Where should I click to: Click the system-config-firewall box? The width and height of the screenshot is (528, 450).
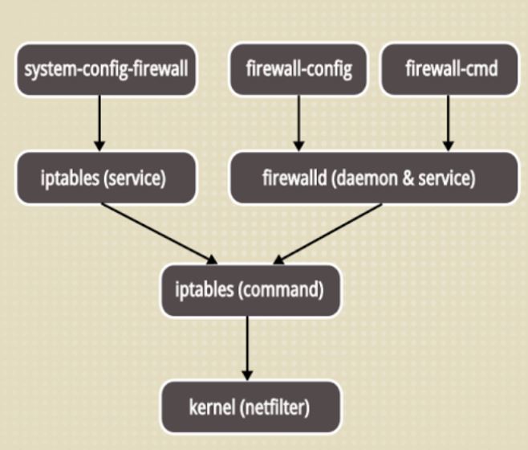point(106,69)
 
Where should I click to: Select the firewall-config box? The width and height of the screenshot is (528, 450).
point(299,69)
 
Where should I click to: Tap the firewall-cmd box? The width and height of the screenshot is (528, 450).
point(449,69)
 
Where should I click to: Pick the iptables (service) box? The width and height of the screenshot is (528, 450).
point(106,178)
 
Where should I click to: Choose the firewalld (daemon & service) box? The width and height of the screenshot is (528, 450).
point(374,178)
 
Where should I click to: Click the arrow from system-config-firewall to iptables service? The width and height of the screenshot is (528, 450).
point(100,124)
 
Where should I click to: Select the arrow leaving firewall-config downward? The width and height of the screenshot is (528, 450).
point(299,124)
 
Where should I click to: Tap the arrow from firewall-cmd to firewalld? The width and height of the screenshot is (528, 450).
point(449,124)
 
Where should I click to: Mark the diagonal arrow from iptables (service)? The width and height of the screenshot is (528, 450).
point(160,233)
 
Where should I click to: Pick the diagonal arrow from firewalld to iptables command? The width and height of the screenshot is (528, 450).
point(327,233)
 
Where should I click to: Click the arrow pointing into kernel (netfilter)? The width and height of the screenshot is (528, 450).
point(247,349)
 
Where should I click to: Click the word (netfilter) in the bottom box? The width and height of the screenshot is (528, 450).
point(274,408)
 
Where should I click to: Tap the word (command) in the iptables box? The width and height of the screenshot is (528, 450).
point(281,290)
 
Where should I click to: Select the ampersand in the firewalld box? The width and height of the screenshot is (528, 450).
point(408,178)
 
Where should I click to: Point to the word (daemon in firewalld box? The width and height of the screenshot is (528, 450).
point(364,178)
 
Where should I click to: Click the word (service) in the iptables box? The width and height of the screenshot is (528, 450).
point(135,178)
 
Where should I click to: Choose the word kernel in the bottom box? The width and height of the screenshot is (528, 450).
point(212,407)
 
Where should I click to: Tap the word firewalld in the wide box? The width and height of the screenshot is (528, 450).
point(294,178)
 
